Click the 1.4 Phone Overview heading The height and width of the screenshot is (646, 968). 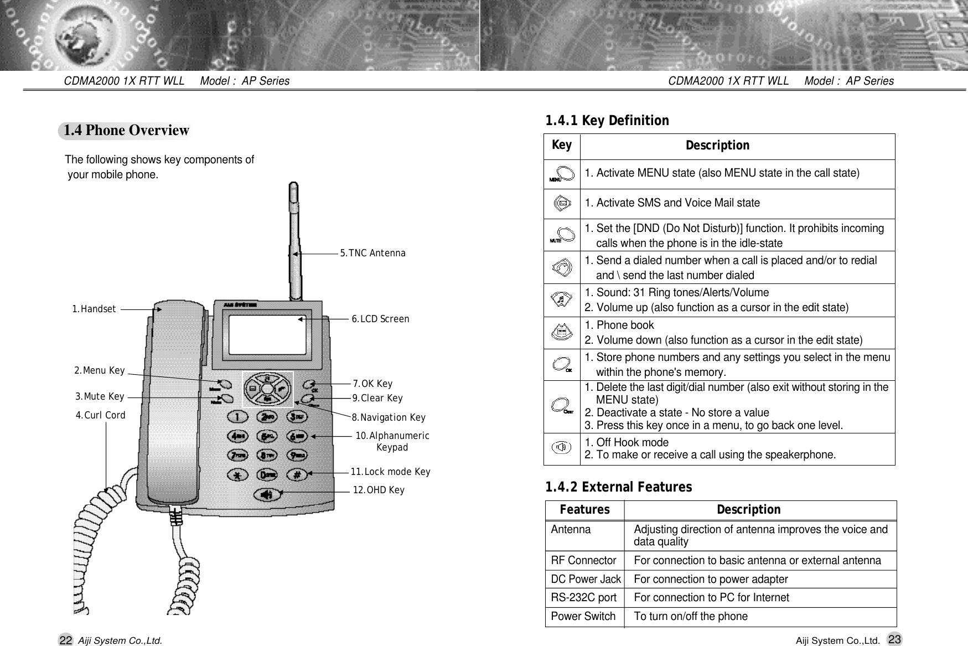126,131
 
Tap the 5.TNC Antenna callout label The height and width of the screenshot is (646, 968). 372,254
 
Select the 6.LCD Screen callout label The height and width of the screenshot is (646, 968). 380,319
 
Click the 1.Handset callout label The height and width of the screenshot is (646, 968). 94,309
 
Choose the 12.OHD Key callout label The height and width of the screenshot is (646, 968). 379,490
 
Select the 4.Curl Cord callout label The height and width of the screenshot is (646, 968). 100,415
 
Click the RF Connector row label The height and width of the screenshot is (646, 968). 583,561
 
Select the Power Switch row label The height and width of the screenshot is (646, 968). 583,617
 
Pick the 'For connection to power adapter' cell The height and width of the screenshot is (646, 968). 711,580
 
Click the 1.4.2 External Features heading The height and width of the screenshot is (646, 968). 618,487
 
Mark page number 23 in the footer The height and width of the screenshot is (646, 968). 894,639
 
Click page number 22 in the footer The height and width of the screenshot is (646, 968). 65,640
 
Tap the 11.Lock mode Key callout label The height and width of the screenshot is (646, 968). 390,472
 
